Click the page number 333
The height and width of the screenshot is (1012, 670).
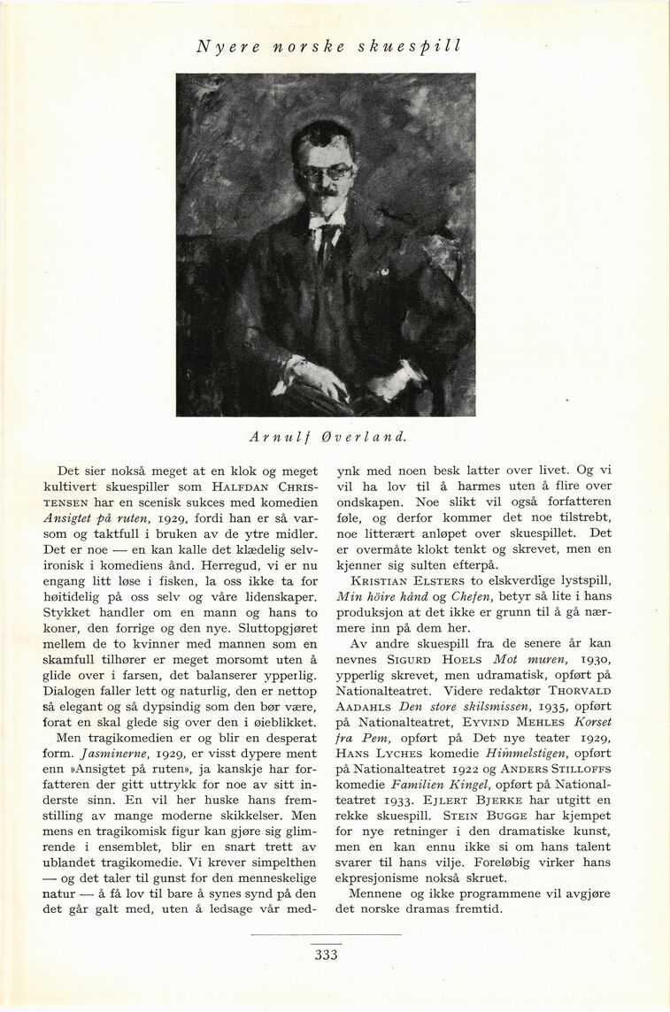[x=326, y=954]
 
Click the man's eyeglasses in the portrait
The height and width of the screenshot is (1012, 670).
[x=326, y=172]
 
